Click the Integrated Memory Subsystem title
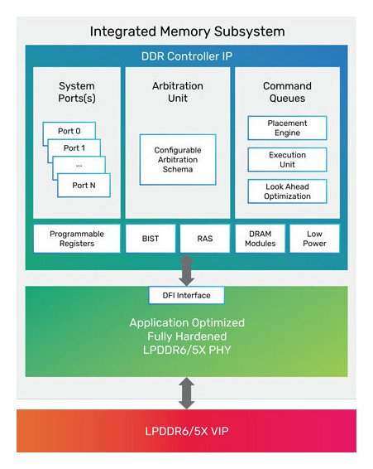(186, 32)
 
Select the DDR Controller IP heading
(186, 56)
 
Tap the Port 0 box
(69, 130)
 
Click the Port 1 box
(75, 147)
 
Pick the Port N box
(84, 185)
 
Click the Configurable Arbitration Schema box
(178, 159)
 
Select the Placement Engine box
(287, 128)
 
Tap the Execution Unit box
(287, 159)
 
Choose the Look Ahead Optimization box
(287, 191)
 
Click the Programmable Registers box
(76, 239)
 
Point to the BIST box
(149, 239)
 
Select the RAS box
(204, 239)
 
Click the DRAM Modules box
(259, 239)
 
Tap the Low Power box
(313, 239)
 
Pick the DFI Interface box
(186, 295)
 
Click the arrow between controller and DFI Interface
(187, 270)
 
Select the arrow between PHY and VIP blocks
(187, 393)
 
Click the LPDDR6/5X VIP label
(186, 431)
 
